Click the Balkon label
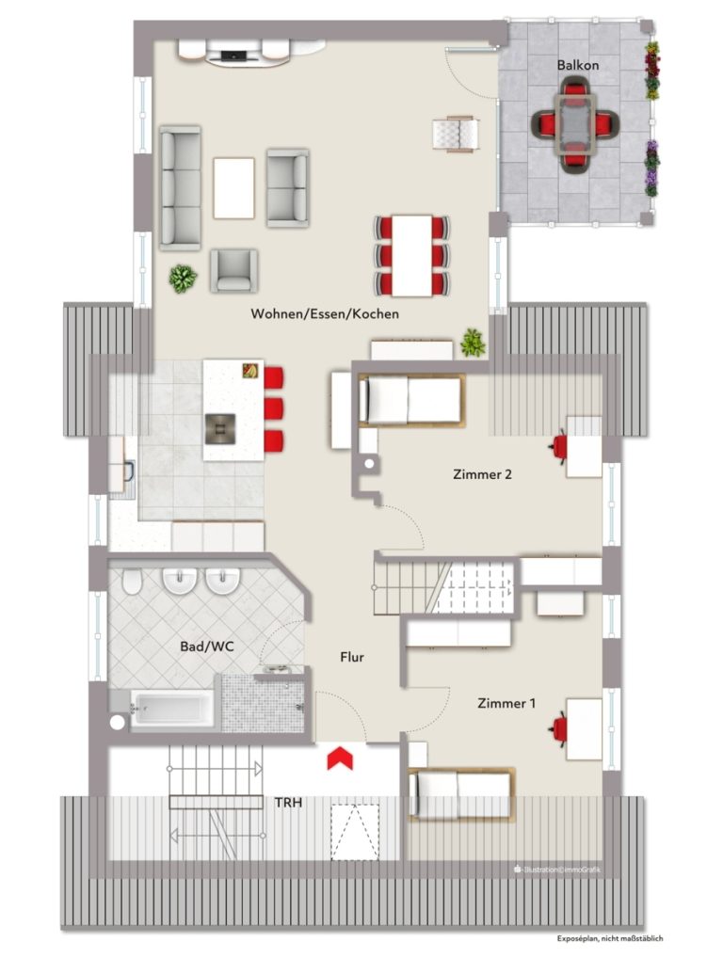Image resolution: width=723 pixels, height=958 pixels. click(x=577, y=65)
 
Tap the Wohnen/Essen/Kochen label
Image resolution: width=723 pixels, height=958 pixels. click(x=325, y=314)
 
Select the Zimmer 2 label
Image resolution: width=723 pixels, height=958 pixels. click(x=482, y=474)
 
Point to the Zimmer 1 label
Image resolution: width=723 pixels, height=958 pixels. click(x=506, y=703)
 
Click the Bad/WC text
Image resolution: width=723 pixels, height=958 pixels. click(x=206, y=647)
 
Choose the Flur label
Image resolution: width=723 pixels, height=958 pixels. click(x=352, y=657)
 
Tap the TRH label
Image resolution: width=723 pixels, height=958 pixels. click(x=288, y=802)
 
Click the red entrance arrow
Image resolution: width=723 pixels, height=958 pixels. click(x=341, y=757)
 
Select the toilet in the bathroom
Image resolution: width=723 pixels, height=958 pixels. click(x=132, y=582)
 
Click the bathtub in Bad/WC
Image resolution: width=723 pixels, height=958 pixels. click(x=171, y=710)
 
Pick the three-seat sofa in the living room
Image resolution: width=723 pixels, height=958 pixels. click(x=181, y=188)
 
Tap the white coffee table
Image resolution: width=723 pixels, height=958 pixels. click(x=234, y=188)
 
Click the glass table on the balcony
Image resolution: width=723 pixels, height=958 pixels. click(x=574, y=124)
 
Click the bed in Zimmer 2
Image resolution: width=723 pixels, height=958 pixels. click(x=410, y=400)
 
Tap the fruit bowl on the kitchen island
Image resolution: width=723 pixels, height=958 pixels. click(x=250, y=370)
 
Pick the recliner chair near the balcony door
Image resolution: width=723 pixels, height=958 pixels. click(x=455, y=134)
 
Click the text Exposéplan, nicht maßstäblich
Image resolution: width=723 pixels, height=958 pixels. click(x=609, y=938)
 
